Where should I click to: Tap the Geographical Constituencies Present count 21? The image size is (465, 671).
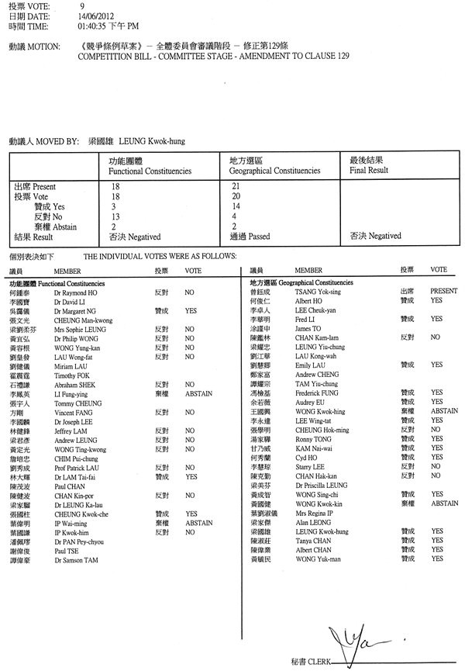236,187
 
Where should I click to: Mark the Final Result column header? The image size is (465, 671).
369,168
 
